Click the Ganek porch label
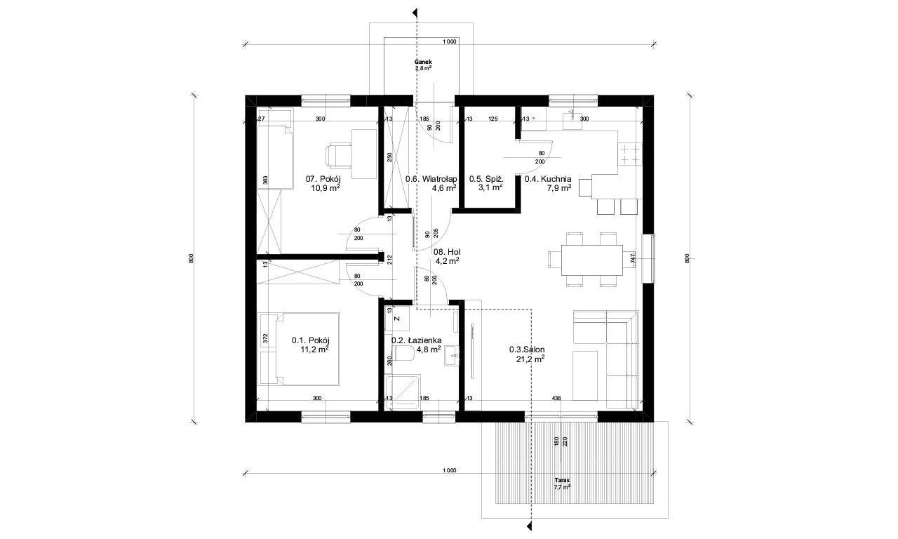pos(423,62)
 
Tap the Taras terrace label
pos(562,480)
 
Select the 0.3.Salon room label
pos(527,350)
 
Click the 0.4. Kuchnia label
pos(548,179)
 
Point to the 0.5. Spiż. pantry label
pos(486,179)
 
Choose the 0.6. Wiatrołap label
pos(431,179)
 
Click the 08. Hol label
pos(447,252)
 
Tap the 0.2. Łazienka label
pos(417,340)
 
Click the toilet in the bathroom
pos(403,353)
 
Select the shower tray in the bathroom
pos(403,392)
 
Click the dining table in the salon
pos(591,260)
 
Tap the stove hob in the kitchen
pos(630,154)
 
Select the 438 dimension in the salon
pos(556,398)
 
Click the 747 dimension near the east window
pos(633,257)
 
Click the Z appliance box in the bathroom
pos(397,319)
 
